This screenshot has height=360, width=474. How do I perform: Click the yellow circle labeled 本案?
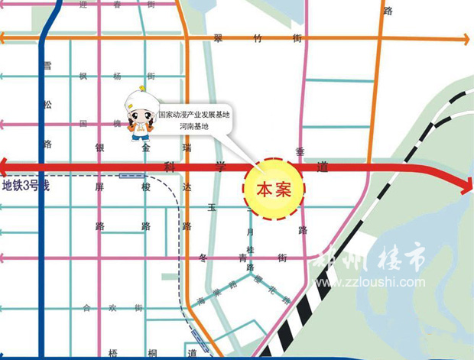pyautogui.click(x=274, y=188)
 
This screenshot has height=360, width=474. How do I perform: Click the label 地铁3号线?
pyautogui.click(x=24, y=185)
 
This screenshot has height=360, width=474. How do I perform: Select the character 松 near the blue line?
pyautogui.click(x=47, y=103)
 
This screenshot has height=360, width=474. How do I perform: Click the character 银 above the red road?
pyautogui.click(x=99, y=146)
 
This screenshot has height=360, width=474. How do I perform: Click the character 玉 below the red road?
pyautogui.click(x=213, y=207)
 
